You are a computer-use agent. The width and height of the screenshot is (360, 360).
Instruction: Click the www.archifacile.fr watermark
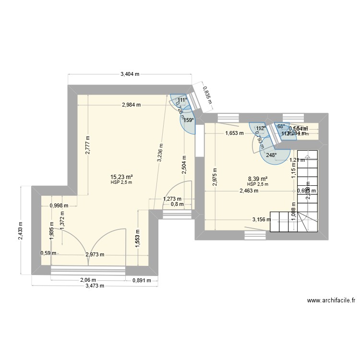click(x=331, y=301)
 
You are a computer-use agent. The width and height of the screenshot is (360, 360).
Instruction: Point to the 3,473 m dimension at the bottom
click(x=95, y=286)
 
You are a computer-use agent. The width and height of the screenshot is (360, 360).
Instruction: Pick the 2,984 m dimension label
click(x=132, y=105)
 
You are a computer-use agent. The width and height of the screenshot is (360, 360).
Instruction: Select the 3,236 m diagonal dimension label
click(x=160, y=155)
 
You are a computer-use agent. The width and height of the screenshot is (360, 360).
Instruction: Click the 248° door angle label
click(x=271, y=155)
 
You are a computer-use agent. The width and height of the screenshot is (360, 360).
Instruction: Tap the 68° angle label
click(x=281, y=127)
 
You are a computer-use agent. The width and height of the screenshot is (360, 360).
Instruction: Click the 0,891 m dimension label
click(x=142, y=280)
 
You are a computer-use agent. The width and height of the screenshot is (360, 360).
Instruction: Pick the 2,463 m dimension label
click(x=249, y=191)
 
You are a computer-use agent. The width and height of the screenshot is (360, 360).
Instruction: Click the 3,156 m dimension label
click(x=262, y=220)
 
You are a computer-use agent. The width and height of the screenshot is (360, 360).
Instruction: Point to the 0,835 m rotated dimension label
click(x=205, y=95)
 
